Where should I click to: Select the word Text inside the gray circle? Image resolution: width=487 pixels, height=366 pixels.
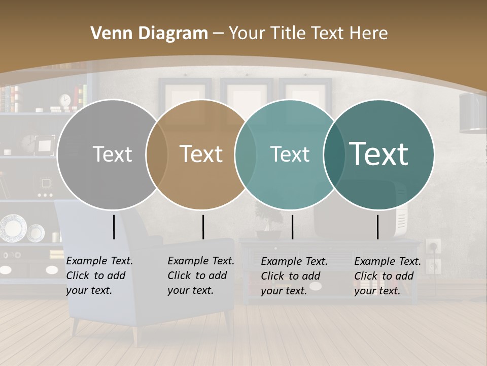pyautogui.click(x=112, y=154)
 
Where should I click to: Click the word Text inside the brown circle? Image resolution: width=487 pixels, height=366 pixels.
pyautogui.click(x=201, y=154)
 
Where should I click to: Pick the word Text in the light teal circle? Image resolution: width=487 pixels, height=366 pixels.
pyautogui.click(x=290, y=154)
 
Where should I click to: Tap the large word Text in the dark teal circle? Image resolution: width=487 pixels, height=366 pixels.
pyautogui.click(x=378, y=154)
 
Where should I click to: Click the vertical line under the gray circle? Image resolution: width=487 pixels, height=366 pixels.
pyautogui.click(x=114, y=227)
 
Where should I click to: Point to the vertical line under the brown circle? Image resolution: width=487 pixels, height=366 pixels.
pyautogui.click(x=203, y=227)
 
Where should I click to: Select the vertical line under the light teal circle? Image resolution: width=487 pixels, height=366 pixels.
pyautogui.click(x=292, y=227)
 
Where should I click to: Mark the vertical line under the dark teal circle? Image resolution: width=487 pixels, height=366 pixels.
pyautogui.click(x=377, y=227)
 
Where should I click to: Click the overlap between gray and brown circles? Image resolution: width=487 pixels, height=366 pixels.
pyautogui.click(x=157, y=154)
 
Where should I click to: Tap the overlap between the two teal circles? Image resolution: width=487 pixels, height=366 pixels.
pyautogui.click(x=334, y=154)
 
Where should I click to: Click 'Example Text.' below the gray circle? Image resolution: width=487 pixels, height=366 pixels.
pyautogui.click(x=99, y=261)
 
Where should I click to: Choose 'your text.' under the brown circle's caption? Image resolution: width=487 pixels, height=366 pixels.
pyautogui.click(x=190, y=290)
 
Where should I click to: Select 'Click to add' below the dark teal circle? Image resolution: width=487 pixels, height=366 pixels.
pyautogui.click(x=384, y=276)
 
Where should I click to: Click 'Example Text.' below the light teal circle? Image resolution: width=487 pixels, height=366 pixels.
pyautogui.click(x=294, y=261)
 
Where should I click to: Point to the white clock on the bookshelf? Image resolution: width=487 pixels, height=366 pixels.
pyautogui.click(x=65, y=100)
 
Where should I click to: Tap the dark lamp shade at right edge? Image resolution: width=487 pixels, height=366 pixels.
pyautogui.click(x=473, y=113)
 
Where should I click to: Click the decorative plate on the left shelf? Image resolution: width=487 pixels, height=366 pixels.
pyautogui.click(x=13, y=228)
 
